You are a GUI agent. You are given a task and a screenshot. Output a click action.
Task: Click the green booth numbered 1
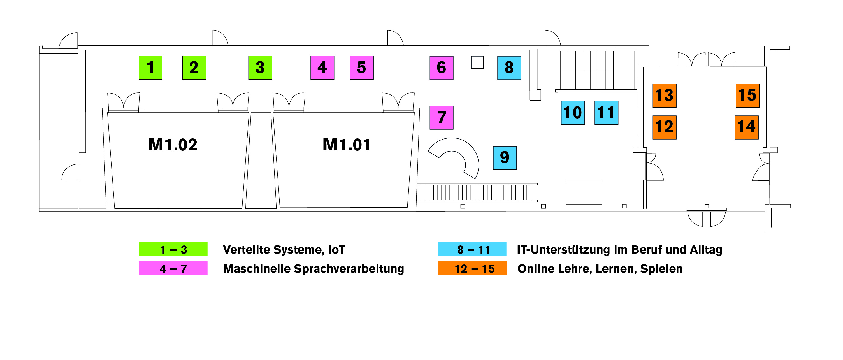tap(150, 68)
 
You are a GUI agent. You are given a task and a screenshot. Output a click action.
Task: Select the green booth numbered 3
tap(260, 68)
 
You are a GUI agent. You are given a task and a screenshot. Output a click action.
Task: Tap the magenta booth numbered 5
tap(362, 68)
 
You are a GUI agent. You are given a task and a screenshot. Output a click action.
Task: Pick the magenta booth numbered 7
tap(442, 117)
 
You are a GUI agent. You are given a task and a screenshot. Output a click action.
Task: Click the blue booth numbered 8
tap(509, 68)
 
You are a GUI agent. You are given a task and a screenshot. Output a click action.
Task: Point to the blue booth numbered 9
tap(505, 158)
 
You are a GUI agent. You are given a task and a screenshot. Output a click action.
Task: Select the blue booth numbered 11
tap(606, 113)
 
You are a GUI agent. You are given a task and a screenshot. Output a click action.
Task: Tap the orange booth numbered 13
tap(664, 96)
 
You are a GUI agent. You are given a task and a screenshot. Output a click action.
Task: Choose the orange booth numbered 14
tap(746, 127)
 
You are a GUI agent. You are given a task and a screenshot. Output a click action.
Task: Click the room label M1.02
tap(173, 145)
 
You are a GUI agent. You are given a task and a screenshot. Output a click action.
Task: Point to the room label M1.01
tap(347, 145)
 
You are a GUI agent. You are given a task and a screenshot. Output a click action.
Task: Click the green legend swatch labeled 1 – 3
tap(173, 249)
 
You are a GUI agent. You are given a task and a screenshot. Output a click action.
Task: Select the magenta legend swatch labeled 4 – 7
tap(173, 268)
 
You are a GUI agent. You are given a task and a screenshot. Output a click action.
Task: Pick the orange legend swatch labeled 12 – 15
tap(473, 268)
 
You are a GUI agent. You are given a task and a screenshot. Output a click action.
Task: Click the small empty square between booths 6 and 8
tap(477, 62)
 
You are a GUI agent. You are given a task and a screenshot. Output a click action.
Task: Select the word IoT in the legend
tap(336, 250)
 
